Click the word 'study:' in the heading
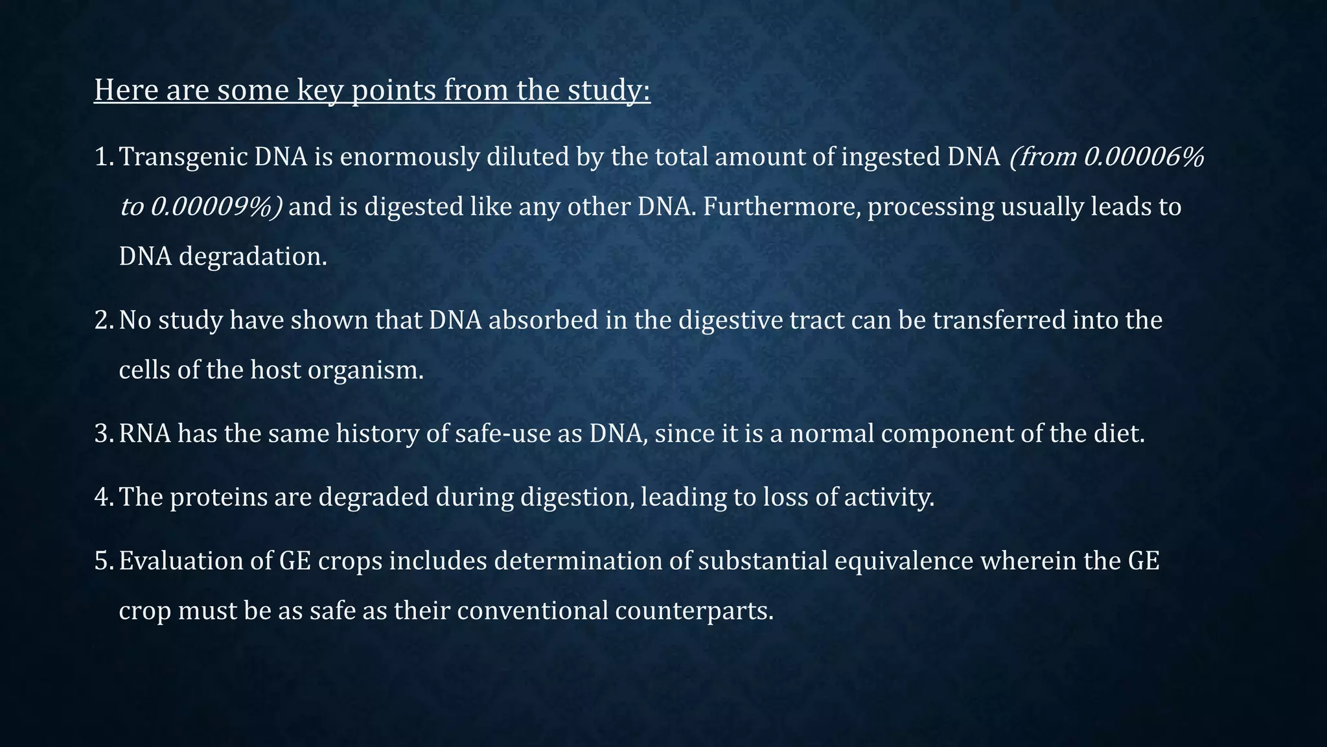tap(608, 90)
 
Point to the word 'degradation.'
tap(253, 257)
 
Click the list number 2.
tap(104, 320)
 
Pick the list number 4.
tap(104, 497)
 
